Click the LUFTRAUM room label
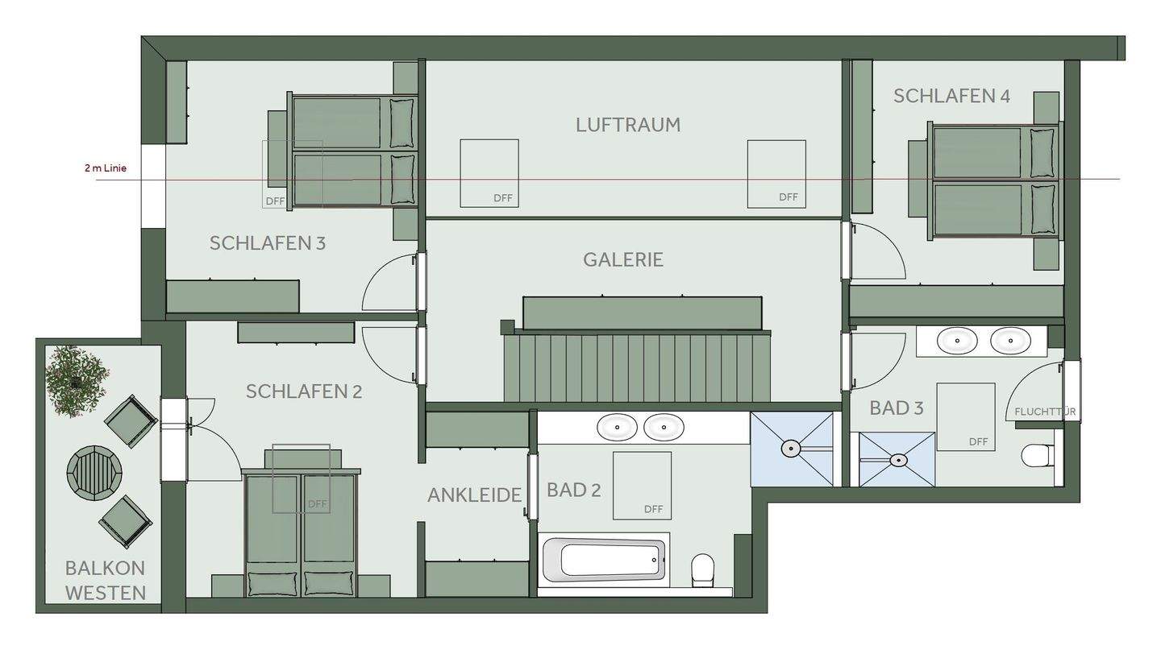628,125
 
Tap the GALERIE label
623,259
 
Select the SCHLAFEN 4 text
951,96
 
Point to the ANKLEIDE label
475,495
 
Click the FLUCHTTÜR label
1045,412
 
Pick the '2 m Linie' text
106,168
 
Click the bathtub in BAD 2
604,559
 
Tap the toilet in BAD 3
1035,456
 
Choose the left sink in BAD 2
618,427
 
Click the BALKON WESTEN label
106,580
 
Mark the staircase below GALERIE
637,366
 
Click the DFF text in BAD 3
978,441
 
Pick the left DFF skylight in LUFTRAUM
489,172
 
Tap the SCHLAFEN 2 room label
304,391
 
